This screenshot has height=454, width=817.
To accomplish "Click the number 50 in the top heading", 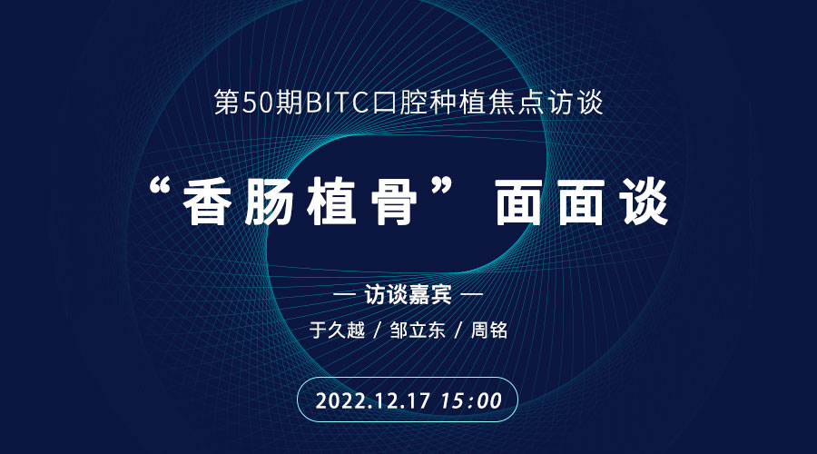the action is (x=258, y=103).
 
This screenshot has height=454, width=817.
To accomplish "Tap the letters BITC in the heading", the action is (x=337, y=103).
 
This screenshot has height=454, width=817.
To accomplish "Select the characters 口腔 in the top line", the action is (x=399, y=103).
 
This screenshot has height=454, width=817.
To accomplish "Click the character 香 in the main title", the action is (x=207, y=202).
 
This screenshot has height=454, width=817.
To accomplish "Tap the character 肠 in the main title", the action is (x=269, y=202).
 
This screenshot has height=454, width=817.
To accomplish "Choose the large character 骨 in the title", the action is (x=393, y=202).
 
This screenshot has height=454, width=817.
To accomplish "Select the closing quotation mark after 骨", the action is (x=439, y=188).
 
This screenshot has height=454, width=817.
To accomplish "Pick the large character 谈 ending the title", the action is (x=644, y=202).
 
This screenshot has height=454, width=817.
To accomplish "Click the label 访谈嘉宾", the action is (x=408, y=295).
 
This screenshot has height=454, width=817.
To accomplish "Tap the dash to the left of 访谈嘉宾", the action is (x=344, y=294).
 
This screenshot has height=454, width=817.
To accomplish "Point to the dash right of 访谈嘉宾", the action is (x=472, y=294).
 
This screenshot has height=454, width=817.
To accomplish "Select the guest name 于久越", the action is (x=337, y=331).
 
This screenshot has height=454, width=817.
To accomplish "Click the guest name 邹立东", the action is (x=418, y=331).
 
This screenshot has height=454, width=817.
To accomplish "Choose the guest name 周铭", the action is (x=489, y=331).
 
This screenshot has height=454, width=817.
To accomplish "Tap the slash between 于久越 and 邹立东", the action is (x=378, y=331).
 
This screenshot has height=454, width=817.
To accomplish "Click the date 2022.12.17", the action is (x=373, y=400).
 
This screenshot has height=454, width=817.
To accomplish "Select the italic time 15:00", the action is (x=471, y=400).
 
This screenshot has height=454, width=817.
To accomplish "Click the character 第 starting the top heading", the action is (x=227, y=103).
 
